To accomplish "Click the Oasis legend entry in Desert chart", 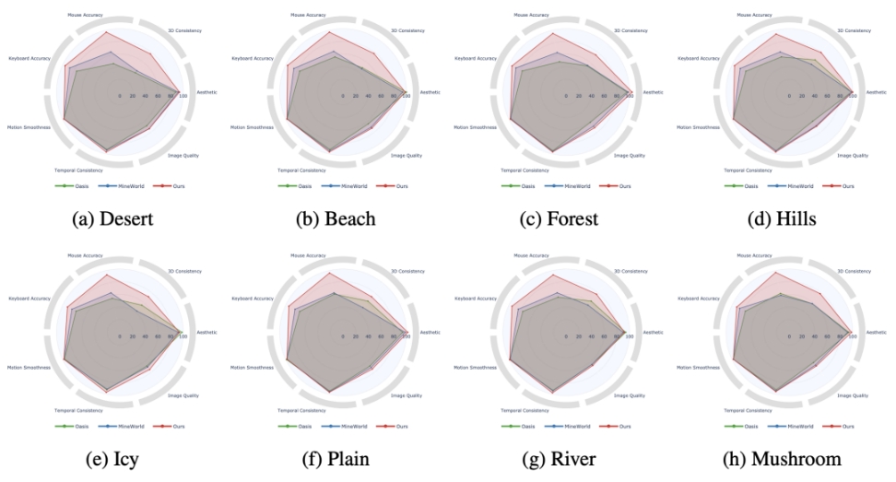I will click(64, 186).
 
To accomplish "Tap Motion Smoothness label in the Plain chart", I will click(252, 368).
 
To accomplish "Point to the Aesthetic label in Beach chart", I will click(430, 92).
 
